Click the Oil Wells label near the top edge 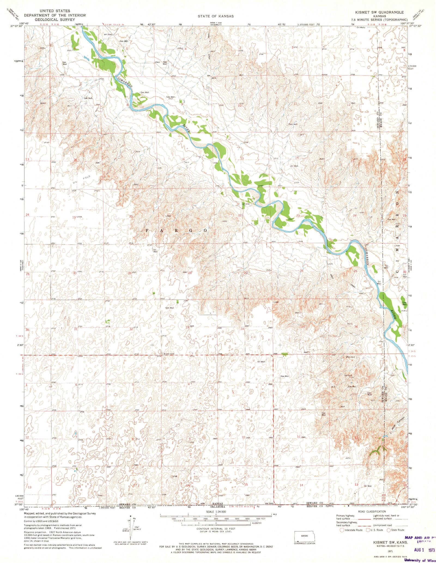pyautogui.click(x=361, y=28)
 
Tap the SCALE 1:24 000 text pyautogui.click(x=216, y=512)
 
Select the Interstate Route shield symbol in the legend pyautogui.click(x=342, y=530)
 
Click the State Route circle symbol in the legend pyautogui.click(x=389, y=530)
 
